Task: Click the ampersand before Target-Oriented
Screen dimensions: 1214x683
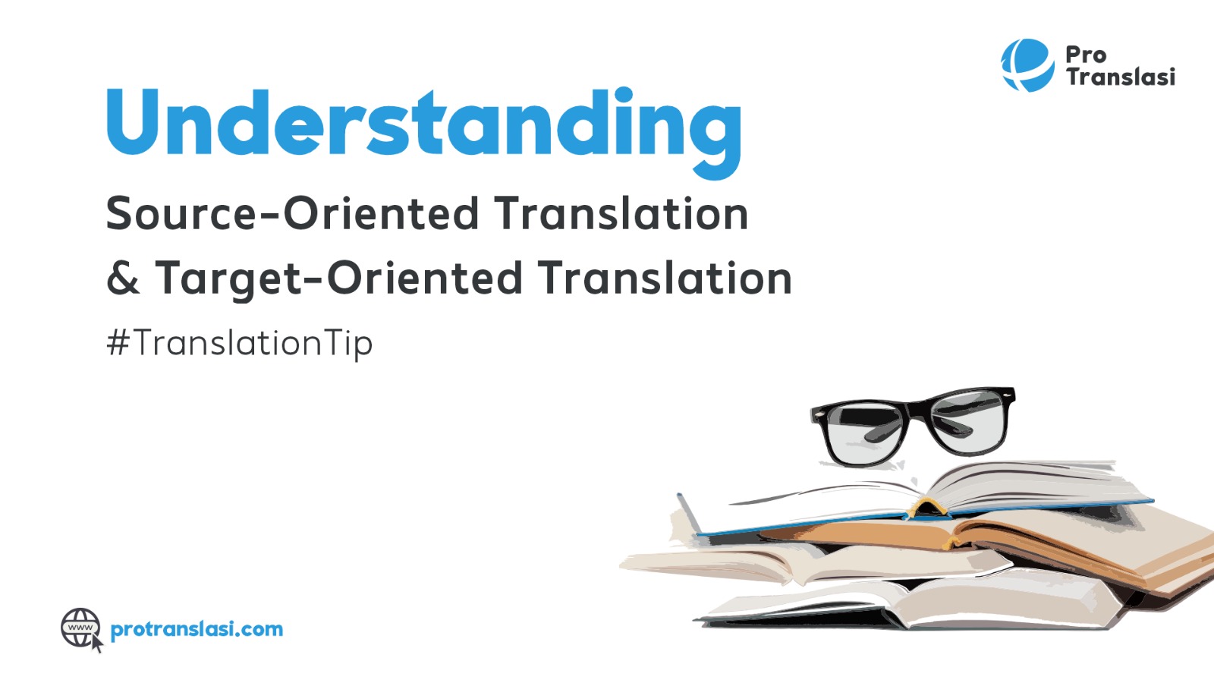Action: pos(123,278)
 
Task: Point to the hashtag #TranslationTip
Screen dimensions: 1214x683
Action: pos(240,343)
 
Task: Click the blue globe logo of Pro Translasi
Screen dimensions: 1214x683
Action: pos(1027,65)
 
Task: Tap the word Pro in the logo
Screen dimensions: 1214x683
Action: pos(1086,55)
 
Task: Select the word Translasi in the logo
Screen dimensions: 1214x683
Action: pos(1121,77)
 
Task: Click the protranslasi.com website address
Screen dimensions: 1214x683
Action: pos(197,629)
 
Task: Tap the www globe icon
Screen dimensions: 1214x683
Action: pos(80,628)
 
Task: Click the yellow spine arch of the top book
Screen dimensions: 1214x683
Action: pos(927,508)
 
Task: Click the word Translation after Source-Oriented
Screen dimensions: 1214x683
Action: pos(621,213)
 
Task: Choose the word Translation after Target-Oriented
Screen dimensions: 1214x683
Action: pos(665,278)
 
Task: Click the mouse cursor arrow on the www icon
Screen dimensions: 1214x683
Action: pos(96,643)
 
